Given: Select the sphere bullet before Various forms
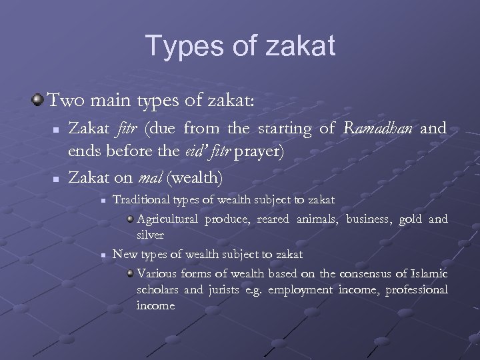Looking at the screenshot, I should point(130,274).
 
